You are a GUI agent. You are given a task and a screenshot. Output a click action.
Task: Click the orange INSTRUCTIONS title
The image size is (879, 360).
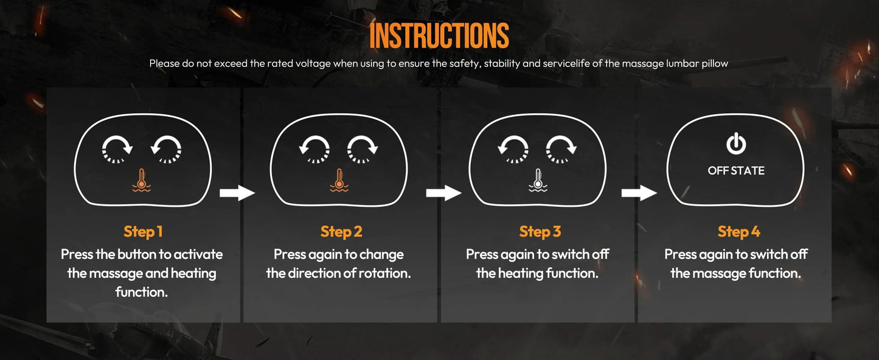coord(439,35)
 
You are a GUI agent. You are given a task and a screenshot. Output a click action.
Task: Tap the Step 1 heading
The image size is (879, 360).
coord(143,232)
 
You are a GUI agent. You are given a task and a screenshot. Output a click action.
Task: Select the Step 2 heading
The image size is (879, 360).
coord(341,232)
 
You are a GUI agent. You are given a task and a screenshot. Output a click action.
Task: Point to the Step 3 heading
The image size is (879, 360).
coord(540,232)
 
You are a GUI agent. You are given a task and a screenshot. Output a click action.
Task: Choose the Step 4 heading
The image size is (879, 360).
coord(739,232)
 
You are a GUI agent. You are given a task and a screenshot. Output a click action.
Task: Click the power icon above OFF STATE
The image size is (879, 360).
coord(736,144)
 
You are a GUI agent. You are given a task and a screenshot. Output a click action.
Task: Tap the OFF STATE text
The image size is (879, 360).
coord(736,171)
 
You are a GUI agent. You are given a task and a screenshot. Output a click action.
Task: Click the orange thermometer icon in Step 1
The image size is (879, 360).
coord(142,181)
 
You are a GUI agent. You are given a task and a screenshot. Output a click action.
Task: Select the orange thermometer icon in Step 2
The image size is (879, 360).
coord(339,181)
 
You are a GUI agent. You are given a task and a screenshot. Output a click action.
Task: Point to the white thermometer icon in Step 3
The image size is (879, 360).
coord(538,181)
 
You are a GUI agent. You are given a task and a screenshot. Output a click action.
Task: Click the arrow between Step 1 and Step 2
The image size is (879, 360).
coord(237,193)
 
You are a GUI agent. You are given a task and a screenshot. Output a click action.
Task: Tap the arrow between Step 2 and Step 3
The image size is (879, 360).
coord(444,193)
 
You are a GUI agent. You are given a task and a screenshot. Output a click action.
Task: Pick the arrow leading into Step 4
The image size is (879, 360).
coord(639,193)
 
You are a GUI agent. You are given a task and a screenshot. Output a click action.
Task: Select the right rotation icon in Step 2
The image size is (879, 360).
coord(349,149)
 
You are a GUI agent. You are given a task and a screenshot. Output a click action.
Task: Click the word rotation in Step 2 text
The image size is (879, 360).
coord(380,273)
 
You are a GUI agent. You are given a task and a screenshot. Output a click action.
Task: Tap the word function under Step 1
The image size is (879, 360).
coord(142,292)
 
